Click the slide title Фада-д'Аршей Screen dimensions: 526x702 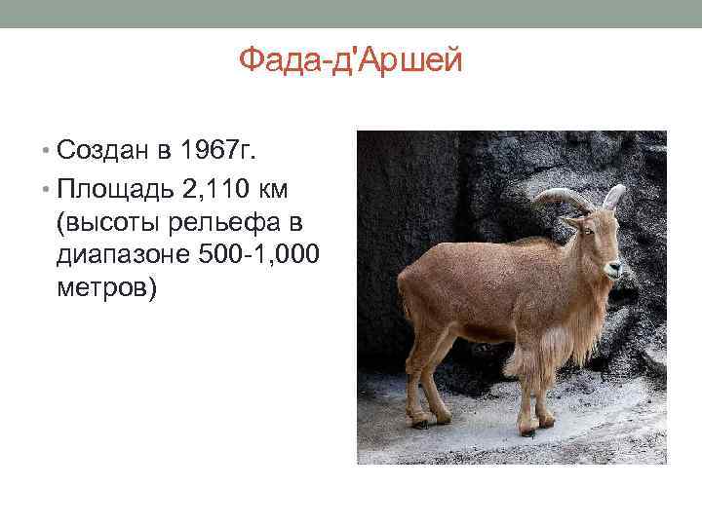click(x=351, y=62)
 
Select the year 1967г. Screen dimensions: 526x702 click(x=214, y=151)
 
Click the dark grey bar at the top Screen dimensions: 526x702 click(x=351, y=13)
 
